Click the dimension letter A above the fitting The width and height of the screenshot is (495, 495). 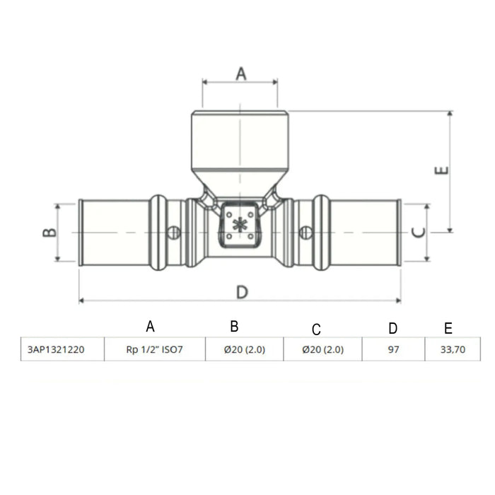[x=240, y=73]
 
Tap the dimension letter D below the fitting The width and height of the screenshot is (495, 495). [x=241, y=291]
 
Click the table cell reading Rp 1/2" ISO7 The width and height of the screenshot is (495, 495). [x=154, y=349]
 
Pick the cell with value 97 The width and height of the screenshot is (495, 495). [x=393, y=349]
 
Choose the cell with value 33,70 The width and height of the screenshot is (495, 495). [x=448, y=349]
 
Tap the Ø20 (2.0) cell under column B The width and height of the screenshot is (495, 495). [x=243, y=349]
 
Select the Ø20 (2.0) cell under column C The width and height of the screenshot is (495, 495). [x=322, y=349]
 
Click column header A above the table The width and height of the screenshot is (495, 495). [x=150, y=326]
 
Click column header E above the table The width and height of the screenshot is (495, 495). [x=448, y=328]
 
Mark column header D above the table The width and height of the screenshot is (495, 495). [x=393, y=328]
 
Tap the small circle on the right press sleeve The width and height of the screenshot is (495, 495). [x=305, y=231]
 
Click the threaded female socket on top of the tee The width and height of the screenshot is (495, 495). [x=240, y=145]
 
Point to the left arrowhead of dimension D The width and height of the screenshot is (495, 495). [x=81, y=301]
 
